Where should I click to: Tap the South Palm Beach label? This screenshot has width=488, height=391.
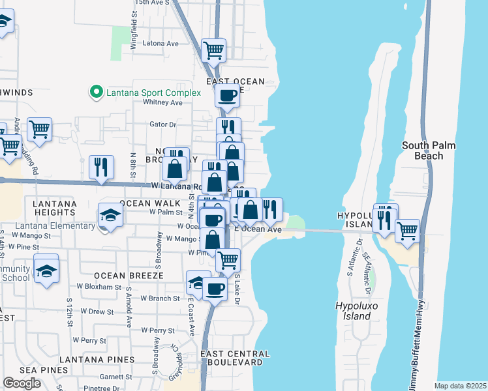(x=431, y=151)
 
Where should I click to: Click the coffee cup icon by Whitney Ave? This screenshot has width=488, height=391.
(x=227, y=96)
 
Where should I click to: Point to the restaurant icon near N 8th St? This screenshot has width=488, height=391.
(x=102, y=167)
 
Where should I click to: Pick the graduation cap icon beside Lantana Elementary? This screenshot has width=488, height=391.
(x=110, y=215)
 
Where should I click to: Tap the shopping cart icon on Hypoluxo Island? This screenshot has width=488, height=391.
(x=407, y=231)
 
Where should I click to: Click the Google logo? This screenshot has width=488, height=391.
(x=22, y=383)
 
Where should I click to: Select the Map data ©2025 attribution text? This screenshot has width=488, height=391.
(x=460, y=386)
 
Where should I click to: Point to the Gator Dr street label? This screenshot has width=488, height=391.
(x=163, y=124)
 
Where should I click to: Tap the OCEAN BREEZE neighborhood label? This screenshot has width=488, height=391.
(x=128, y=276)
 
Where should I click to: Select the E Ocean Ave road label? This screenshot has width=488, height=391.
(x=258, y=229)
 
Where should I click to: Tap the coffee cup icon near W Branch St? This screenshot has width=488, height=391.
(x=215, y=288)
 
